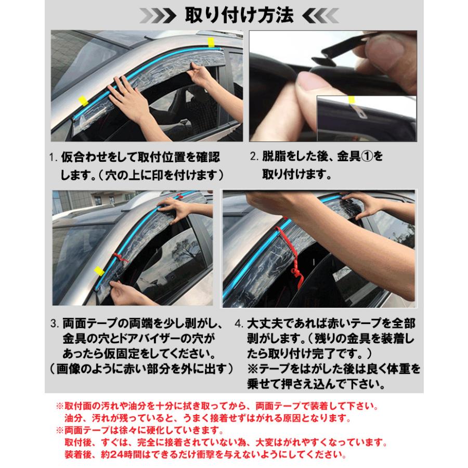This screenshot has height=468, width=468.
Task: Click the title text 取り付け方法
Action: (240, 16)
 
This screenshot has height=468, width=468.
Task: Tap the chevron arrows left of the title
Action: (161, 16)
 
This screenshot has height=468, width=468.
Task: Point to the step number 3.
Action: (54, 323)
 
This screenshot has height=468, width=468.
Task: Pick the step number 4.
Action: (238, 323)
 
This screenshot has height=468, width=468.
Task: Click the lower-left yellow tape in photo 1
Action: (82, 101)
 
